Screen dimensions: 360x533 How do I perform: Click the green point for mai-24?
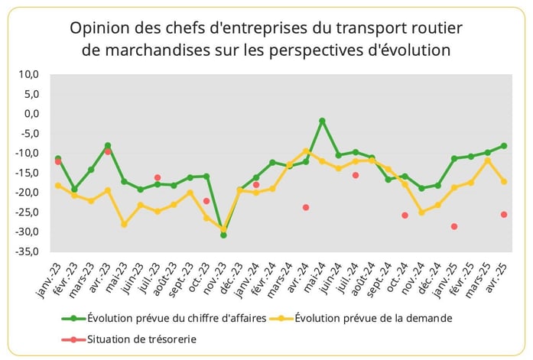(322, 121)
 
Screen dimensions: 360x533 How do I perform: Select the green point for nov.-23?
(223, 235)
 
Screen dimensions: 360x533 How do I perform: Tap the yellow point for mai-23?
(124, 224)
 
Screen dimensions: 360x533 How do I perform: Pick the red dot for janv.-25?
(454, 226)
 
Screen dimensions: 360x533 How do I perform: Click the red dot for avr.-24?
(306, 207)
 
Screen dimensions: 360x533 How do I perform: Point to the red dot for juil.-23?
(158, 177)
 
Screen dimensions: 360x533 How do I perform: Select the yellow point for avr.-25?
(504, 181)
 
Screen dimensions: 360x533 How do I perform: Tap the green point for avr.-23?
(108, 145)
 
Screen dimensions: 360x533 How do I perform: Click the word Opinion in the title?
(97, 28)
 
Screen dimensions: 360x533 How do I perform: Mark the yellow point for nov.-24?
(421, 212)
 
